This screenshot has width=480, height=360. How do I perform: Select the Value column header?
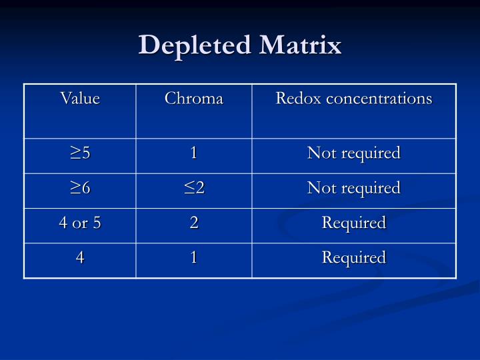coord(80,99)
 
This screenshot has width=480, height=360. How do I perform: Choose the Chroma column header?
coord(194,99)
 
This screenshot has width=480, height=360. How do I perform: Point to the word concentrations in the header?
coord(378,99)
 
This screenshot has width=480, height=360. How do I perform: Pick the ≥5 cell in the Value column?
coord(80,153)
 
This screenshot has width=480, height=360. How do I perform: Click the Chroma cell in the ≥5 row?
coord(194,153)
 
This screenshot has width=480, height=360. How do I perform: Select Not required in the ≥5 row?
coord(353,153)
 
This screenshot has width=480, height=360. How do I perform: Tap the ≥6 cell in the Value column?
coord(80,189)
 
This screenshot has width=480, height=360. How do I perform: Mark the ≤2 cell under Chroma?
coord(194,189)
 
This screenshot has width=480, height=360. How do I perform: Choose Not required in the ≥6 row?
coord(353,189)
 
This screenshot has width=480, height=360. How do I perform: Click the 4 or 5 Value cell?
coord(80,223)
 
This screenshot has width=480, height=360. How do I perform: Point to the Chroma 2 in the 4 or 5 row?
coord(194,223)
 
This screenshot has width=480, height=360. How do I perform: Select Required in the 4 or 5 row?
coord(354,223)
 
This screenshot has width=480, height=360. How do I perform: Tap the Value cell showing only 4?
coord(80,258)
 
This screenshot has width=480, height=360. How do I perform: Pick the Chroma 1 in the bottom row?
coord(194,258)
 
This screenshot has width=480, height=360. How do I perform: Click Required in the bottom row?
coord(354,258)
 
